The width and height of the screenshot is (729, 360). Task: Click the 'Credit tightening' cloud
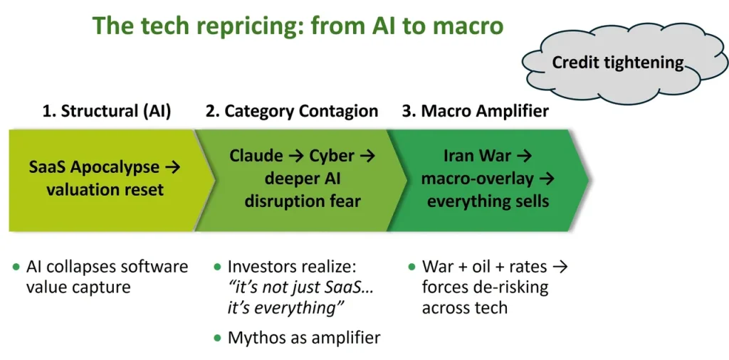coord(618,63)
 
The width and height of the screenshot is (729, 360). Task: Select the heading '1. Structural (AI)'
coord(107,111)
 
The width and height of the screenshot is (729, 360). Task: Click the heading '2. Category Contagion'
coord(292,111)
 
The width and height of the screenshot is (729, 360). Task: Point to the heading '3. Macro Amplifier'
coord(476,111)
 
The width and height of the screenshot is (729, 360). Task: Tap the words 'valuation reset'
coord(105,190)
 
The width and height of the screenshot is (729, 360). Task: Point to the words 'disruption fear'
coord(303,201)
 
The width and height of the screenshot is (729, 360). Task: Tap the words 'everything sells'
coord(488,201)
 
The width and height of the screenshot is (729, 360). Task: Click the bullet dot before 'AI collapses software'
coord(16,268)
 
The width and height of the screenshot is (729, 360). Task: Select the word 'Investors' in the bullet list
coord(261,268)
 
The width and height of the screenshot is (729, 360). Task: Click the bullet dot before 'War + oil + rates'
coord(412,268)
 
